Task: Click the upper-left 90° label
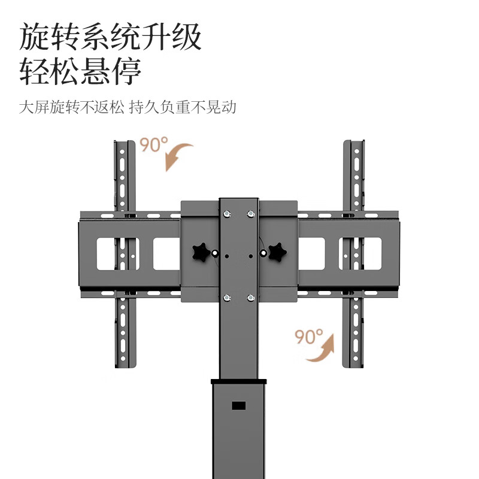[x=154, y=144]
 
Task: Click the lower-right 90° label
[x=309, y=336]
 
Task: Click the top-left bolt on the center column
[x=227, y=213]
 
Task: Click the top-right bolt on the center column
[x=250, y=213]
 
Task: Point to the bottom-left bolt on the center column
[x=227, y=298]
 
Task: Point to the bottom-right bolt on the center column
[x=250, y=298]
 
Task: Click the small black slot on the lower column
[x=239, y=405]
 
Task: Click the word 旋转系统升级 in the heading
[x=111, y=38]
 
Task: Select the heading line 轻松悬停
[x=80, y=72]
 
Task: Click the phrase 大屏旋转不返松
[x=71, y=108]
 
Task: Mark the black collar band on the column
[x=239, y=381]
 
